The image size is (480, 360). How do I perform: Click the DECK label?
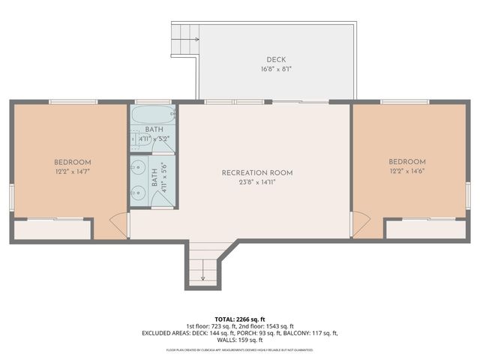tap(275, 59)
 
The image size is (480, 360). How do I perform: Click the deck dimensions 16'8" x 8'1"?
tap(275, 69)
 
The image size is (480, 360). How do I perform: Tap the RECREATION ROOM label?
tap(256, 172)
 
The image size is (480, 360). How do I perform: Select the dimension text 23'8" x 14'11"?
tap(256, 182)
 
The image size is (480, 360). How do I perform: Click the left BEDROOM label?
tap(72, 162)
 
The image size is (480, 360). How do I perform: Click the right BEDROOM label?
tap(406, 162)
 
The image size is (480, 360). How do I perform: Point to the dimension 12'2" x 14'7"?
tap(72, 172)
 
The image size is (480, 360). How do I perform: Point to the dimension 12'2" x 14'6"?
tap(406, 172)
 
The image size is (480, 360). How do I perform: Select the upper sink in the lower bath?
tap(137, 167)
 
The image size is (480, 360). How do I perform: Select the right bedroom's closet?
tap(425, 229)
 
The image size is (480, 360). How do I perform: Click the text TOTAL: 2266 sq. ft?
tap(239, 318)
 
